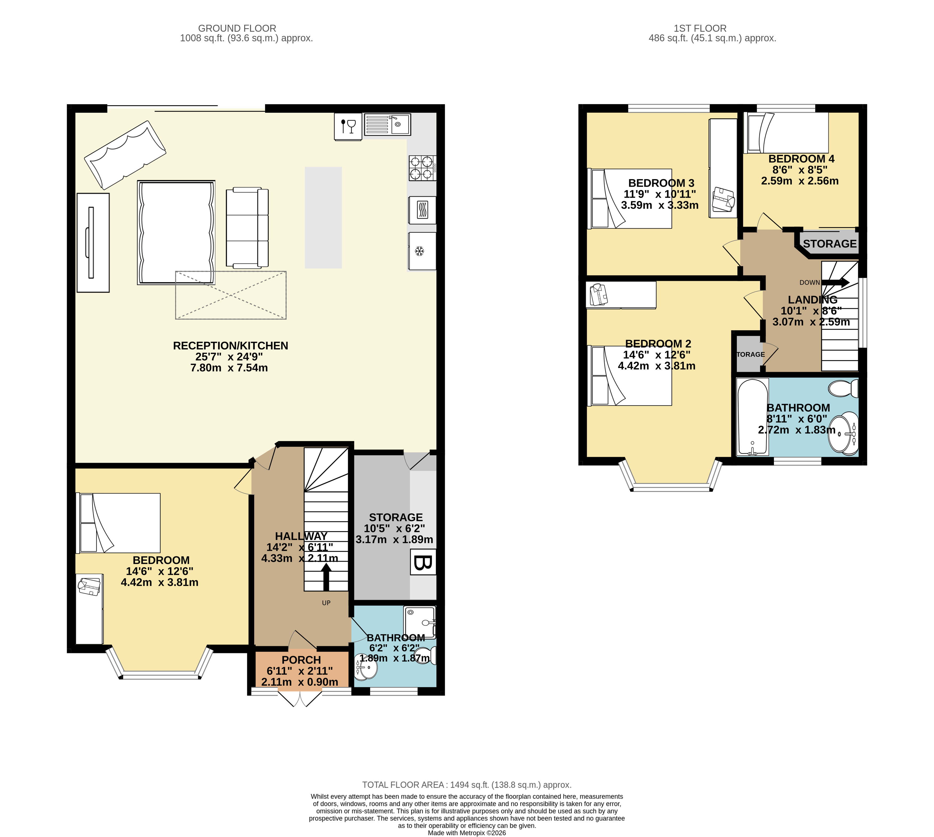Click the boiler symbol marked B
click(x=423, y=562)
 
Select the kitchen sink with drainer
click(x=387, y=124)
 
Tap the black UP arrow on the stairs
click(x=326, y=577)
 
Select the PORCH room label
click(x=301, y=660)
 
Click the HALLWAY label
click(x=301, y=536)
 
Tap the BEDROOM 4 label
click(x=801, y=159)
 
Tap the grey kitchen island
click(x=323, y=218)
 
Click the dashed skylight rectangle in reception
click(x=231, y=295)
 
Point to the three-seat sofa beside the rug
click(x=247, y=228)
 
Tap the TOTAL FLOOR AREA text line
click(x=467, y=785)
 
